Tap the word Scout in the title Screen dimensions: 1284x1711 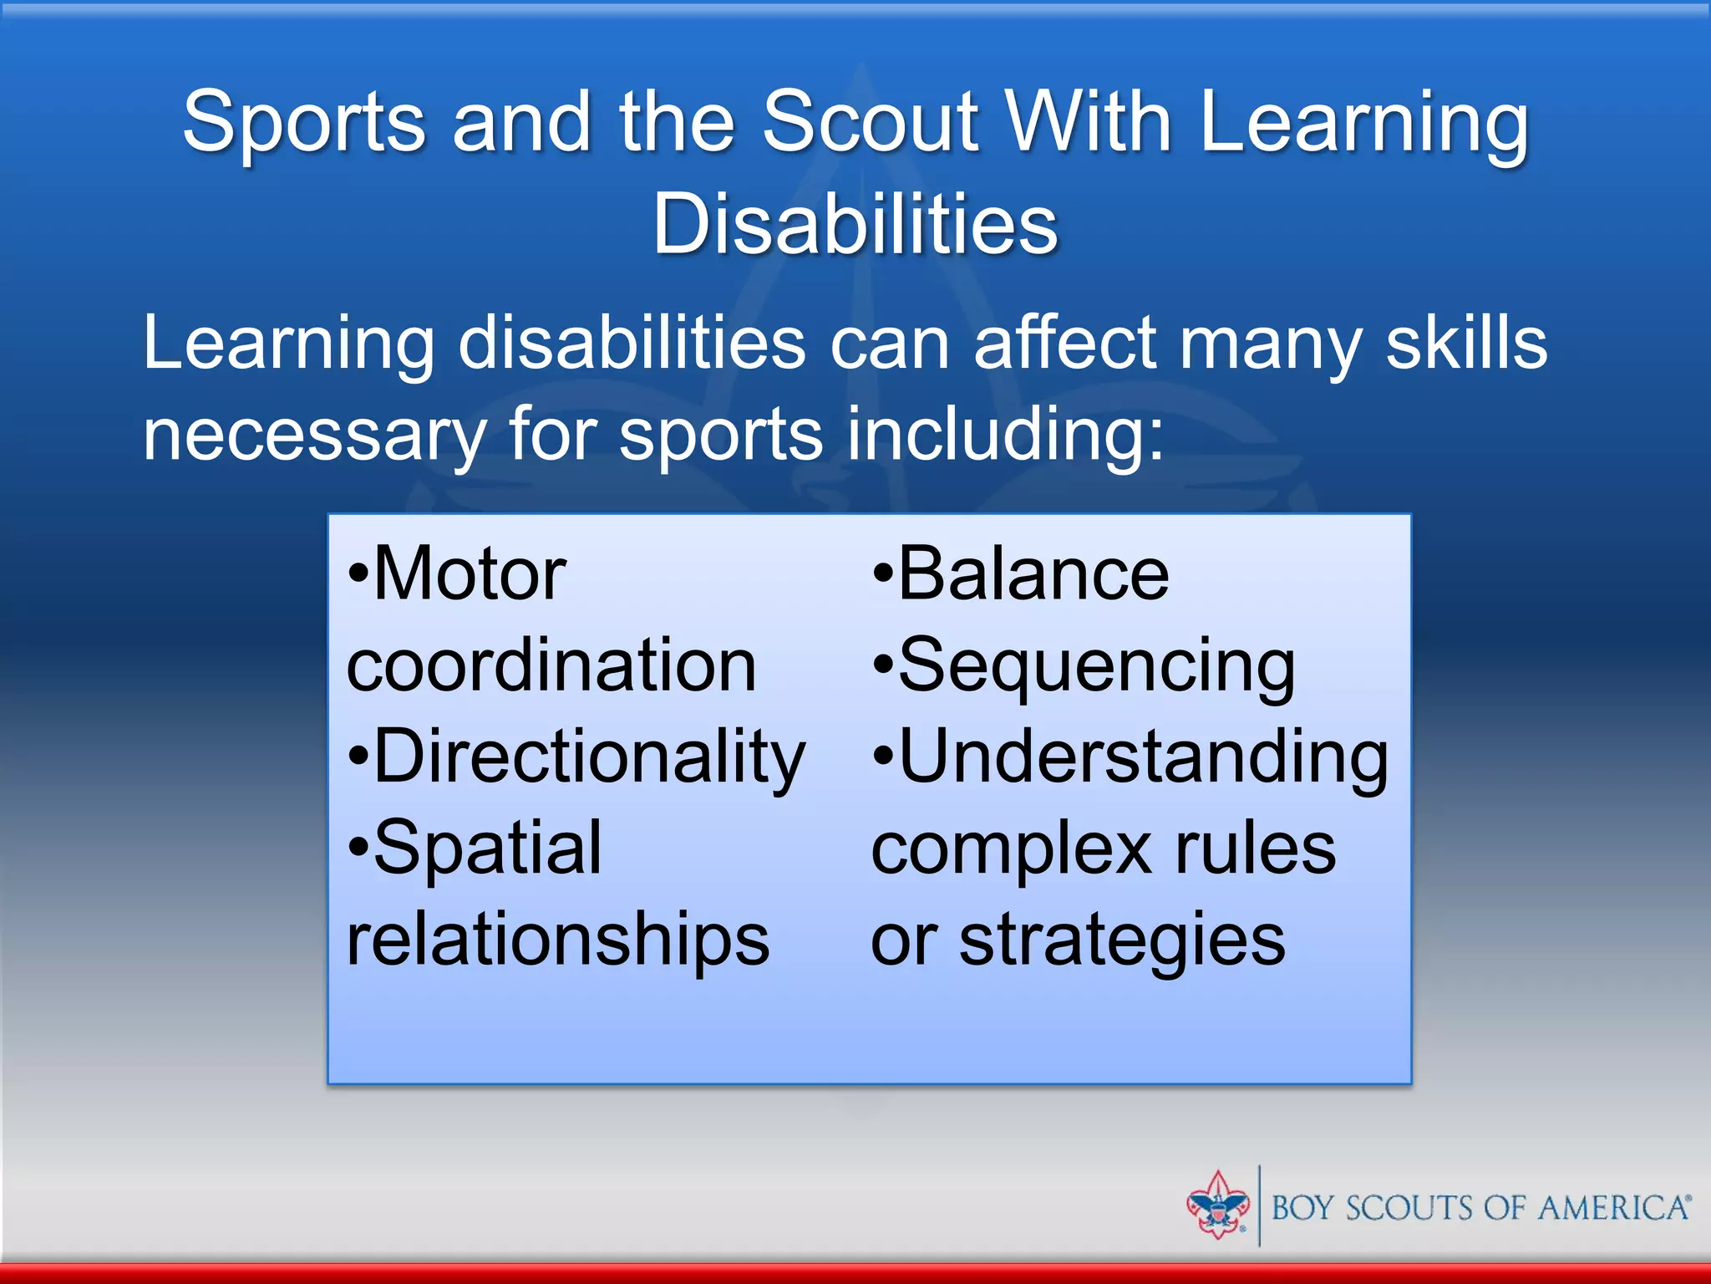(x=870, y=123)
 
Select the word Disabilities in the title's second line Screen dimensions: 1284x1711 (x=855, y=224)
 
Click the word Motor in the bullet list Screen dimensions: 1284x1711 (x=470, y=574)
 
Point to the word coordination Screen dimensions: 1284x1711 (x=551, y=666)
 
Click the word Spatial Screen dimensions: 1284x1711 (x=487, y=848)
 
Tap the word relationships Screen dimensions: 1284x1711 (x=557, y=940)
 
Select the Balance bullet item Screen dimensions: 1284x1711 (x=1033, y=574)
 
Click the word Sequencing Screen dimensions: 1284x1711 (x=1096, y=666)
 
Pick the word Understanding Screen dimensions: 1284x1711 (x=1142, y=757)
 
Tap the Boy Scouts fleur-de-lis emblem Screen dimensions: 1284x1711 (x=1217, y=1205)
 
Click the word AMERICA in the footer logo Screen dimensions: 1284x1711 (x=1612, y=1209)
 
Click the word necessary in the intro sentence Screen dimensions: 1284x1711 (x=314, y=436)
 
